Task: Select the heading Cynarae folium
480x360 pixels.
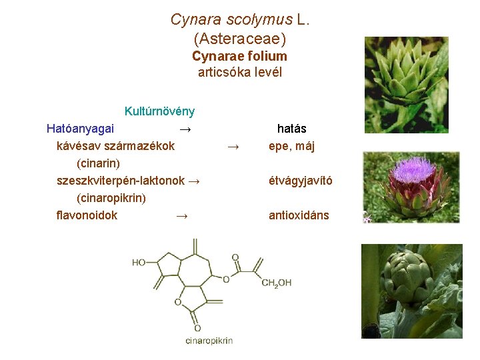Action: [239, 57]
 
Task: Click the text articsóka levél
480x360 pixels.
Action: [239, 73]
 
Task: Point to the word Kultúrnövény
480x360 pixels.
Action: [159, 111]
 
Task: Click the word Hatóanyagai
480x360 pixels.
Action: [80, 128]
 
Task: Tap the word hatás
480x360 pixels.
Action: [291, 128]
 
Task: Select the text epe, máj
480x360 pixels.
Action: [291, 146]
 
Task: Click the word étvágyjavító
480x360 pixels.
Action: [301, 181]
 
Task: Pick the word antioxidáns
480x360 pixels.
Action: [299, 215]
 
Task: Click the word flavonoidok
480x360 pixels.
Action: [87, 215]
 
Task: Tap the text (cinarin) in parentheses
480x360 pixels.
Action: [99, 163]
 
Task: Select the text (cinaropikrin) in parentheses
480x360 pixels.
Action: [111, 198]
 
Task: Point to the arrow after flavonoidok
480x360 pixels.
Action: [181, 215]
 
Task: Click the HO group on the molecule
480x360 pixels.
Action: [139, 263]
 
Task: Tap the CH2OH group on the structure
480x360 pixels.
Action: [276, 283]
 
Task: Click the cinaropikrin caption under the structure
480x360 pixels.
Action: [209, 341]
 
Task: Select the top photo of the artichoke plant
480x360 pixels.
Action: [406, 85]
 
